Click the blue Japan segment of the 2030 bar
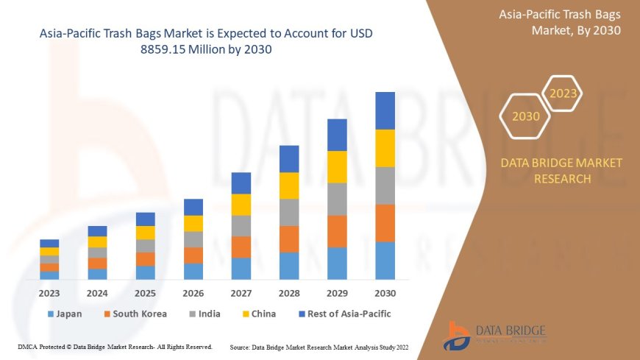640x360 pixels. click(385, 261)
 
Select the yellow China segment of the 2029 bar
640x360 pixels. click(337, 167)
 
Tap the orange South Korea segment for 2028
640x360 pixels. click(289, 239)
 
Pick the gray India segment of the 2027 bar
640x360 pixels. click(241, 226)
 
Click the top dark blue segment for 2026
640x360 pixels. click(193, 207)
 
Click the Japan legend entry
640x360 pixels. click(65, 314)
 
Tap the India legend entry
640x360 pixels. click(205, 314)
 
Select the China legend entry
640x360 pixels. click(258, 314)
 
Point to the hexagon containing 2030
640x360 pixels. click(525, 116)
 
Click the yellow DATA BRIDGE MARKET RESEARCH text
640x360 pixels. click(561, 170)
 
